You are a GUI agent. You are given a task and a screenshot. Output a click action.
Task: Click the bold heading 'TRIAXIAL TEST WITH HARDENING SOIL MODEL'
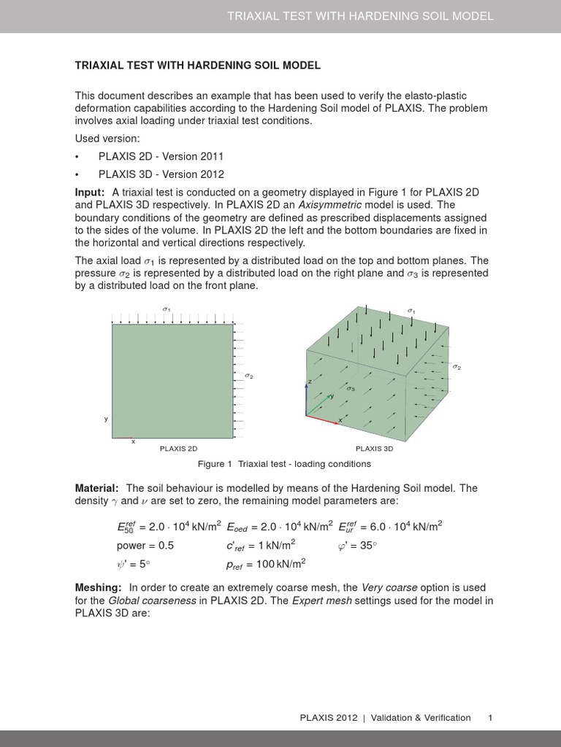[x=197, y=66]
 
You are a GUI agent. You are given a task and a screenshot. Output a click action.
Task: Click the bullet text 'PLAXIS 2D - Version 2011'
[x=161, y=157]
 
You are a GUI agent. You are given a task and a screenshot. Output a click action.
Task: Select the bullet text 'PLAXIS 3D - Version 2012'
[x=161, y=174]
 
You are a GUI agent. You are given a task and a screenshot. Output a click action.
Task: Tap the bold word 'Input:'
[x=91, y=191]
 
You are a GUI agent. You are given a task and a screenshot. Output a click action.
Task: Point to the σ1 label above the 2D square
[x=167, y=310]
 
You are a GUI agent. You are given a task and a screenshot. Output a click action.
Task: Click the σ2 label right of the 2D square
[x=249, y=376]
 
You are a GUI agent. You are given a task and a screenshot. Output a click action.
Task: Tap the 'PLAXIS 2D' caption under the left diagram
[x=178, y=449]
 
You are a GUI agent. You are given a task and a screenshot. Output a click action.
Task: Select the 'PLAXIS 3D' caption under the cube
[x=373, y=449]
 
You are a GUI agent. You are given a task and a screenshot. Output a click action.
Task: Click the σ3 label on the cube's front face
[x=351, y=390]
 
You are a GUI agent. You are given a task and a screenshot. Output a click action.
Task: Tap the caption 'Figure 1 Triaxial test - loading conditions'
[x=284, y=464]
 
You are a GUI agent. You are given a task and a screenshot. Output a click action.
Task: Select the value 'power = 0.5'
[x=145, y=546]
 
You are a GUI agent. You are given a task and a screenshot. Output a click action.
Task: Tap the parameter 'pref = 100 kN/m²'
[x=266, y=564]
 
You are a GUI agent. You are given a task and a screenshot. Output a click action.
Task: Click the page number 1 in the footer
[x=491, y=718]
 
